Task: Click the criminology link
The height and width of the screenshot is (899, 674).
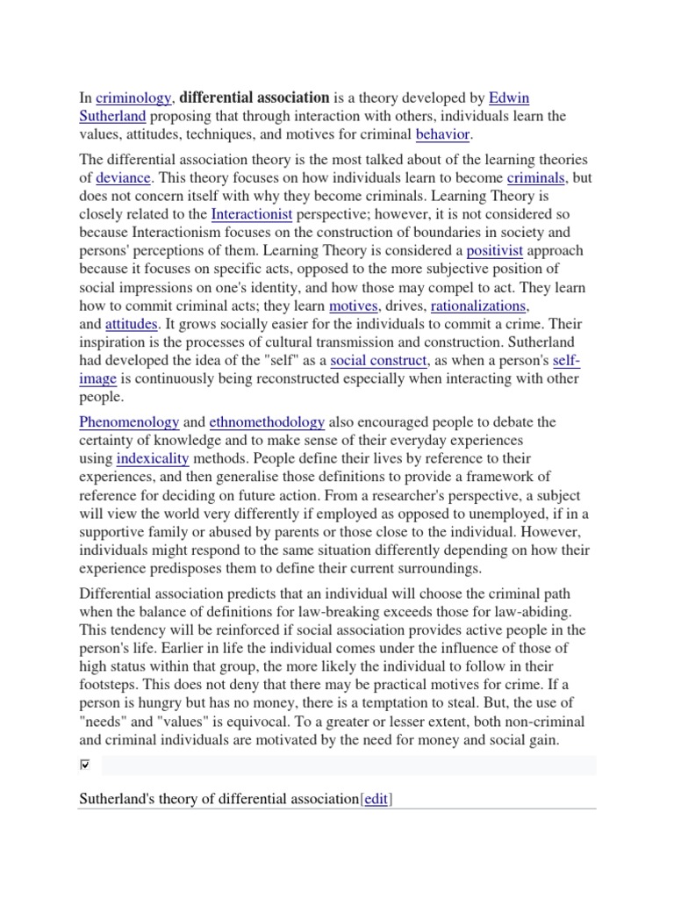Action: tap(133, 97)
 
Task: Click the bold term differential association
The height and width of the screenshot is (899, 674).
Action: tap(255, 97)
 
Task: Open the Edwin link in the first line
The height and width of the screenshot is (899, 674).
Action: tap(508, 97)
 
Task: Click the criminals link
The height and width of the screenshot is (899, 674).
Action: tap(536, 177)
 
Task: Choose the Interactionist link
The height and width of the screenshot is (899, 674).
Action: tap(252, 214)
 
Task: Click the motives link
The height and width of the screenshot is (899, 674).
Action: tap(353, 306)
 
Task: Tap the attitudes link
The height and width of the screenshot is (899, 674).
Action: tap(131, 324)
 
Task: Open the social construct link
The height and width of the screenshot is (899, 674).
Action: tap(379, 360)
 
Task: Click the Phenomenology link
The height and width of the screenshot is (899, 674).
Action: tap(129, 421)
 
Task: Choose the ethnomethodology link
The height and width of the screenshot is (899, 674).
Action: tap(267, 421)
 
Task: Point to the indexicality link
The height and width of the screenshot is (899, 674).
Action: tap(153, 458)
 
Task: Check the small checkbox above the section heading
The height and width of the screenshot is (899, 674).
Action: tap(85, 766)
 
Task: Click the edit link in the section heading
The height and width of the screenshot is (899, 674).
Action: tap(376, 800)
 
